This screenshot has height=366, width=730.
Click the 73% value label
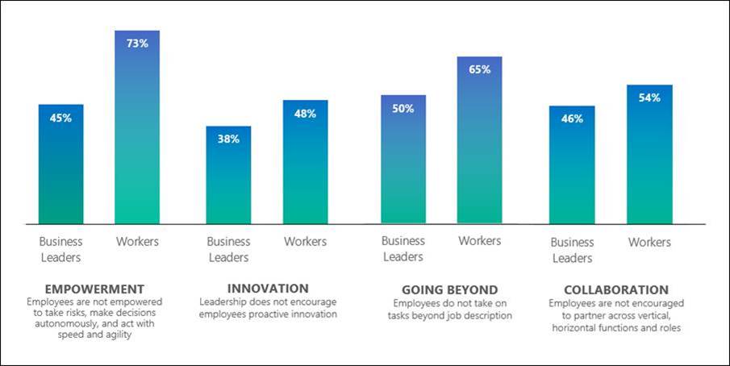tap(137, 44)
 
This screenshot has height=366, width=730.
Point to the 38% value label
tap(228, 139)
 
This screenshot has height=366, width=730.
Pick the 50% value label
tap(403, 108)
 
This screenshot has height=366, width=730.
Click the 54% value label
tap(649, 98)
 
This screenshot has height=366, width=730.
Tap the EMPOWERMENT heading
tap(95, 289)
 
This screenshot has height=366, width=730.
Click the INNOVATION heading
tap(268, 288)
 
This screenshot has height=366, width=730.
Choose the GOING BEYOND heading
tap(449, 289)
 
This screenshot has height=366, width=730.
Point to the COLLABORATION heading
tap(616, 289)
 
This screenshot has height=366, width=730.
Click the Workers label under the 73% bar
tap(137, 241)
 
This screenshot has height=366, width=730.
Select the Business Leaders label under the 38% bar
tap(228, 249)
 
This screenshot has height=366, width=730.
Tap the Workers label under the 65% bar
tap(480, 240)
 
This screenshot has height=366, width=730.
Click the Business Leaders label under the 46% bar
tap(572, 250)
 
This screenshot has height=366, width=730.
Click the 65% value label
tap(479, 69)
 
